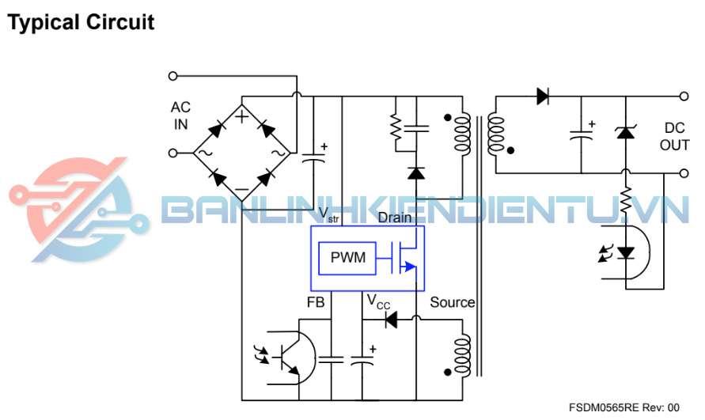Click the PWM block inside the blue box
click(347, 258)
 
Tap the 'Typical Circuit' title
click(81, 22)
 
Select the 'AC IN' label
click(180, 115)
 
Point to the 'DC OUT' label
click(674, 136)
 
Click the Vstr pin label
click(328, 214)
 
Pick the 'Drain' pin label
click(395, 218)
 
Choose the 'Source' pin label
click(453, 302)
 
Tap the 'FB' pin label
click(316, 302)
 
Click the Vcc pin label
click(378, 301)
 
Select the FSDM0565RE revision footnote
click(624, 408)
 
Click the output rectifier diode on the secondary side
click(543, 96)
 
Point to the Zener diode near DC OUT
click(625, 133)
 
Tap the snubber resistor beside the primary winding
click(396, 127)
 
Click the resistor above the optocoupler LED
click(626, 199)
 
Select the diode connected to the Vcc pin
click(391, 320)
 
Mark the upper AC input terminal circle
click(172, 76)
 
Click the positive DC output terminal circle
click(684, 96)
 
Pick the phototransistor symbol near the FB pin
click(291, 358)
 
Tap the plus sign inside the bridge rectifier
click(242, 117)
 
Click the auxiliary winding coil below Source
click(463, 355)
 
